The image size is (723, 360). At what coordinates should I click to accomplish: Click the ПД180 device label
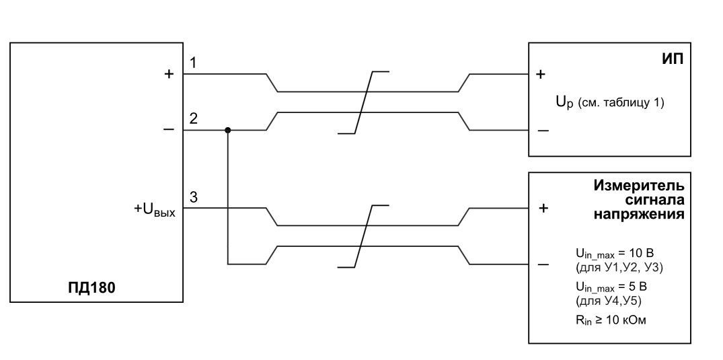coord(91,288)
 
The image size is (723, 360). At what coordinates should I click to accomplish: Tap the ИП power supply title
coord(673,59)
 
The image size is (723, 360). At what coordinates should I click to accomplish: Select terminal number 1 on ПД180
coord(193,63)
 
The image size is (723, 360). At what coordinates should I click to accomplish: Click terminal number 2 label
coord(194,118)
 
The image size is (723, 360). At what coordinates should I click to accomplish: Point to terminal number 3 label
coord(194,197)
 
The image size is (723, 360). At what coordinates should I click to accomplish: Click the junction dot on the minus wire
coord(227,130)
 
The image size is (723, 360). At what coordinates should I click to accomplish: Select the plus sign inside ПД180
coord(169,74)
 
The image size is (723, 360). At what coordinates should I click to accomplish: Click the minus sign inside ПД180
coord(169,130)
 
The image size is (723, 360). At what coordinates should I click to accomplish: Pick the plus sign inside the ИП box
coord(541,74)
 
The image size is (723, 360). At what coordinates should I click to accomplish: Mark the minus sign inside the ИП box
coord(543,131)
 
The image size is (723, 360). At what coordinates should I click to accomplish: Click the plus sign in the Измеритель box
coord(543,208)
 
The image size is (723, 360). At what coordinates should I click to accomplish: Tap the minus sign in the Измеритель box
coord(543,264)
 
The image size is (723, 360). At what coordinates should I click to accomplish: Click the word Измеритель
coord(639,186)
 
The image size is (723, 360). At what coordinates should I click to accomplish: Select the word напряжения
coord(639,215)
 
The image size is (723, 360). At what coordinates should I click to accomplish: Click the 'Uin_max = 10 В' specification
coord(615,254)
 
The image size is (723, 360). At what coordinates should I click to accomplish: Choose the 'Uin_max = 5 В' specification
coord(611,287)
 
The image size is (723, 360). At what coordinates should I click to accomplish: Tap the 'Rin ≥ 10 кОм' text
coord(611,320)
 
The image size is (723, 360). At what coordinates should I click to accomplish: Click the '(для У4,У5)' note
coord(609,301)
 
